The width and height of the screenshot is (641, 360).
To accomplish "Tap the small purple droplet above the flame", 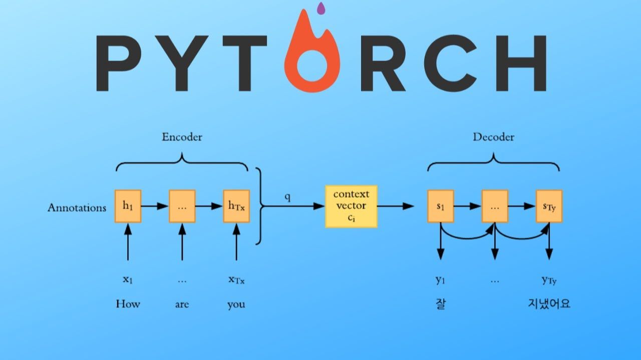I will [321, 9].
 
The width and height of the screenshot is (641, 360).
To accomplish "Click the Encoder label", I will [182, 137].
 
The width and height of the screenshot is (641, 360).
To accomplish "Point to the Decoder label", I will [493, 137].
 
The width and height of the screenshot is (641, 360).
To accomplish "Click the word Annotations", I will [77, 207].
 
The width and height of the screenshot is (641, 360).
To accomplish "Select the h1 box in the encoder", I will [128, 206].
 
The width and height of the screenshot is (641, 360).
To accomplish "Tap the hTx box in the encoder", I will [236, 206].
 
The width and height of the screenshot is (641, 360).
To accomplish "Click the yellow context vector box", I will [351, 206].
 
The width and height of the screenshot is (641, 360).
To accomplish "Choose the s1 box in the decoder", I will [440, 206].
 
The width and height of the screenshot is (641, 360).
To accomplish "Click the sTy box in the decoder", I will [549, 206].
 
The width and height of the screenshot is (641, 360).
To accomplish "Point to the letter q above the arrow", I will [287, 197].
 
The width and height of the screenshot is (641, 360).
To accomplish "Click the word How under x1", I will [128, 304].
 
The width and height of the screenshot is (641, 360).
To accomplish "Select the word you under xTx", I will [236, 304].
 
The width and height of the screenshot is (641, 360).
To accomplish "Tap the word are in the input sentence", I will [182, 304].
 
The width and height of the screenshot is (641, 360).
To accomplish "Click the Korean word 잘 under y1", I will [440, 304].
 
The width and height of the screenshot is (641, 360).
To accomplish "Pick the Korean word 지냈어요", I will [549, 303].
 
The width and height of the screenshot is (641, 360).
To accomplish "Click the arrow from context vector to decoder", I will [396, 206].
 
